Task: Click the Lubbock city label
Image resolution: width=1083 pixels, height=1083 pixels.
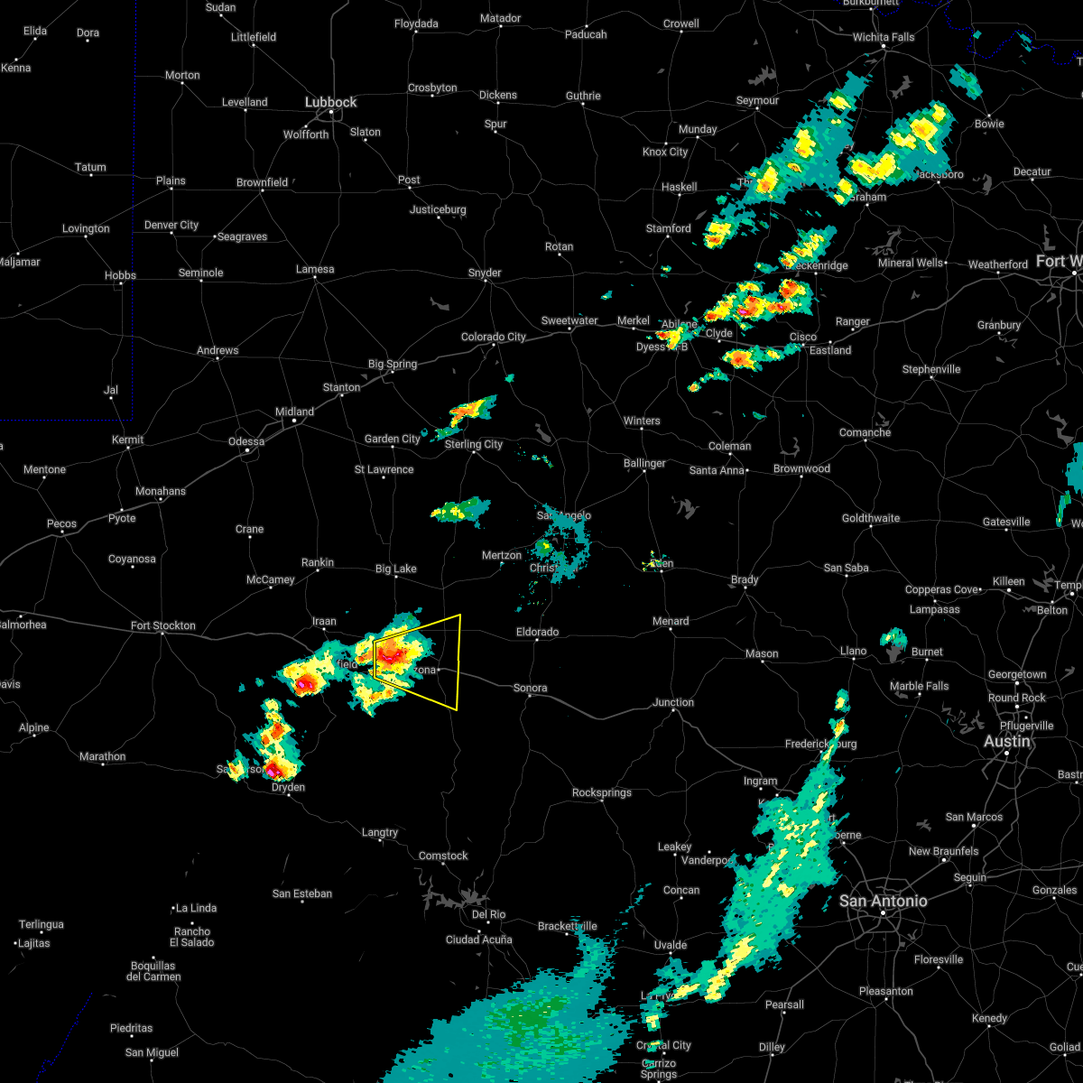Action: click(x=330, y=103)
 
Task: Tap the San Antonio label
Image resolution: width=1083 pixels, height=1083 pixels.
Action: click(x=883, y=901)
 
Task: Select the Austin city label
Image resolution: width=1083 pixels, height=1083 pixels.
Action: click(x=1006, y=741)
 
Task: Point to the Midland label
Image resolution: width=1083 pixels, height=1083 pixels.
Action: click(x=294, y=412)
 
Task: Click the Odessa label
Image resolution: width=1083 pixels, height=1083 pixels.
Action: click(x=246, y=441)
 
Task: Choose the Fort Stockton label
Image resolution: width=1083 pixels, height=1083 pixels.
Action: click(x=162, y=625)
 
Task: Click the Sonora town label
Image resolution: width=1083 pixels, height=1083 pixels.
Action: click(x=530, y=688)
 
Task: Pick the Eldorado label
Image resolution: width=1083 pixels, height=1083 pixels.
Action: click(x=537, y=632)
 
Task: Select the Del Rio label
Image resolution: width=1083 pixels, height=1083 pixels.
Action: click(x=488, y=914)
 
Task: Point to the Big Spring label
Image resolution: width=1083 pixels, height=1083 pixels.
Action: click(x=393, y=365)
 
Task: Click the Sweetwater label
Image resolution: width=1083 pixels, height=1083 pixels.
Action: click(x=569, y=320)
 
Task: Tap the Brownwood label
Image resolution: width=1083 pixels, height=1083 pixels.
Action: click(x=801, y=468)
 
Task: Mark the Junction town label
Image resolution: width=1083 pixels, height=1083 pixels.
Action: click(x=673, y=702)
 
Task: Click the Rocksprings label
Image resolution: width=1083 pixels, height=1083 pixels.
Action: click(x=602, y=792)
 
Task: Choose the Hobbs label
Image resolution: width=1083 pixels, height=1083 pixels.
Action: click(x=119, y=275)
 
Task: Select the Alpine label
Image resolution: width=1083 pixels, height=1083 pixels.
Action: click(x=34, y=728)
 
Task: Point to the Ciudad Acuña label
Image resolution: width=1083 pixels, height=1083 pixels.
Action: click(x=478, y=940)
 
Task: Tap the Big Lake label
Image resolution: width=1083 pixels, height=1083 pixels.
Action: click(x=396, y=569)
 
